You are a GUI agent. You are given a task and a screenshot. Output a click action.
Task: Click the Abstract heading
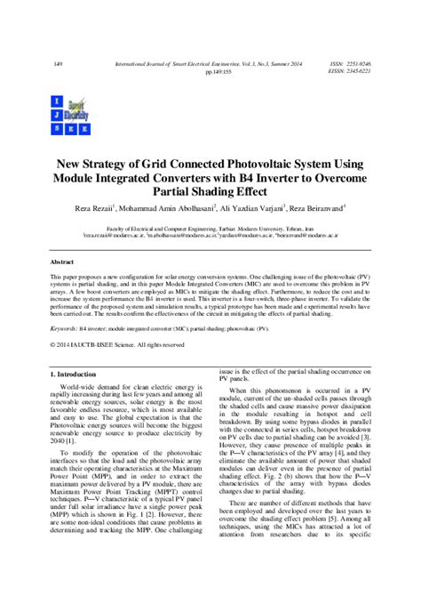(x=61, y=264)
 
